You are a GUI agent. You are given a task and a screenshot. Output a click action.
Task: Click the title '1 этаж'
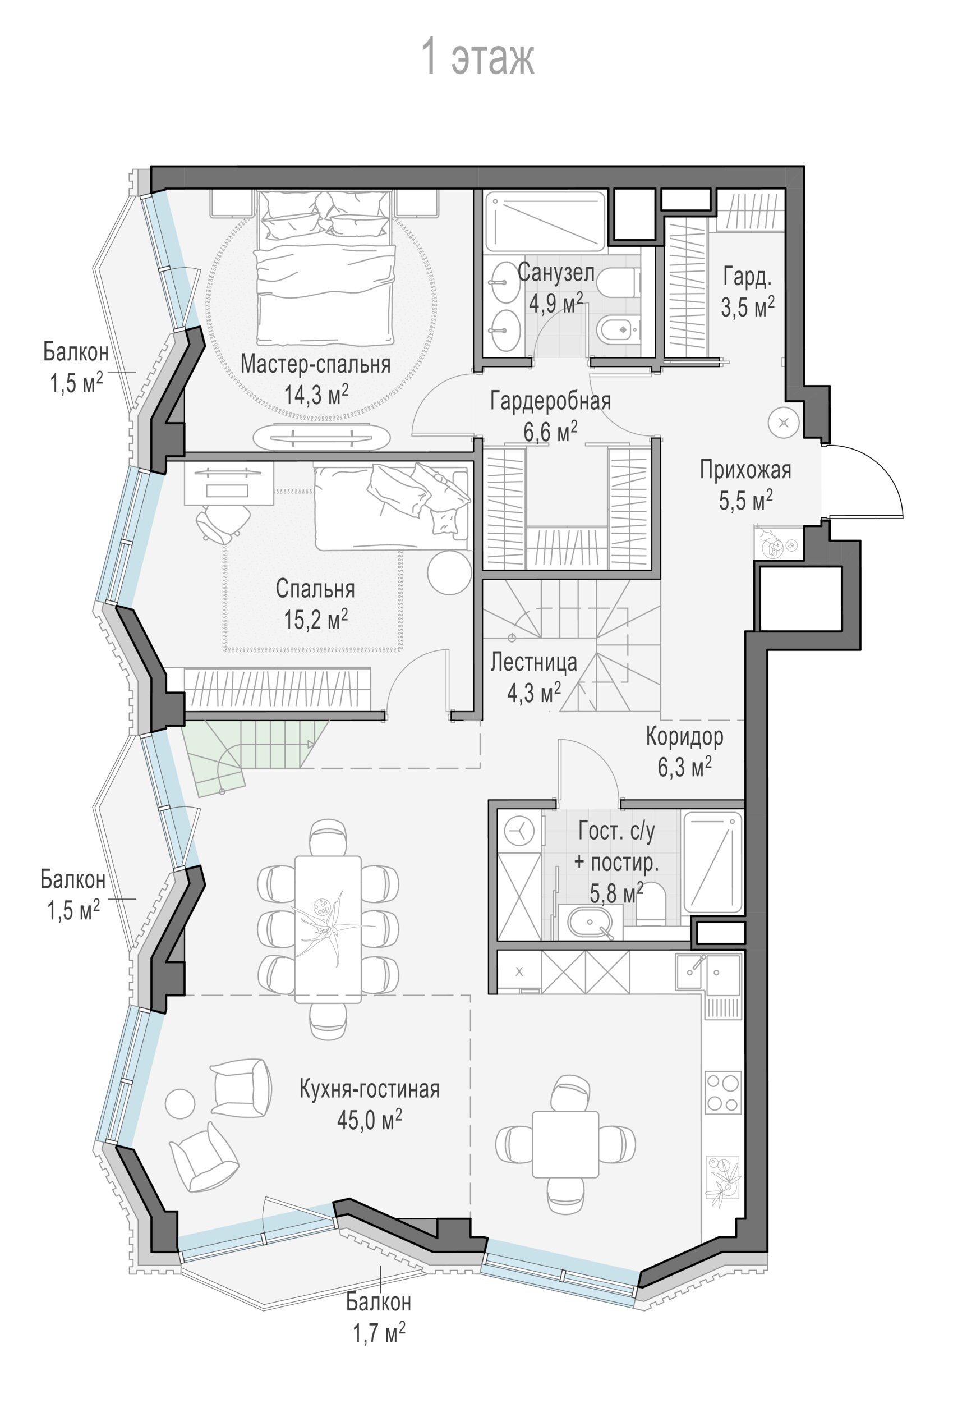(477, 57)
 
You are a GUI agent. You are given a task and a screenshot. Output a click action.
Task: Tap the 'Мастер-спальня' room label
(316, 364)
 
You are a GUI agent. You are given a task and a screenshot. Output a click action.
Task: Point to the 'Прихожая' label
(745, 470)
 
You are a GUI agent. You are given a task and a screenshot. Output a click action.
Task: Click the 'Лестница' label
(533, 662)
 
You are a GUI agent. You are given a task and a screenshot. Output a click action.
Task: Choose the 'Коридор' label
(684, 736)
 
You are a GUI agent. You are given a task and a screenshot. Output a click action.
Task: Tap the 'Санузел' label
(556, 273)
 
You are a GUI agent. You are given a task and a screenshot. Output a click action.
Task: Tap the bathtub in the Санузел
(545, 221)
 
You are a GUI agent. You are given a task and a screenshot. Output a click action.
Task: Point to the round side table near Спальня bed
(449, 572)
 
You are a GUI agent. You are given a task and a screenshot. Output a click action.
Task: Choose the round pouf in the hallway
(784, 423)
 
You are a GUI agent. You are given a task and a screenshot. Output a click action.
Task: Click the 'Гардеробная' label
(550, 400)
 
